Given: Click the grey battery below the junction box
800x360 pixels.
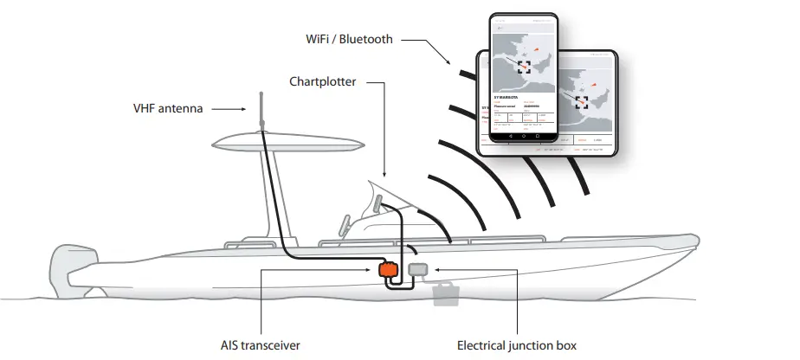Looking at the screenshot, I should point(448,294).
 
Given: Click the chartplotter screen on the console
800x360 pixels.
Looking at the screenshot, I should point(377,204).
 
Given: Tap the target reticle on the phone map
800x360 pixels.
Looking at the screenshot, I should point(523,67).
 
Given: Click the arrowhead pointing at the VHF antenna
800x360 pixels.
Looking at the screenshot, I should point(248,109).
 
